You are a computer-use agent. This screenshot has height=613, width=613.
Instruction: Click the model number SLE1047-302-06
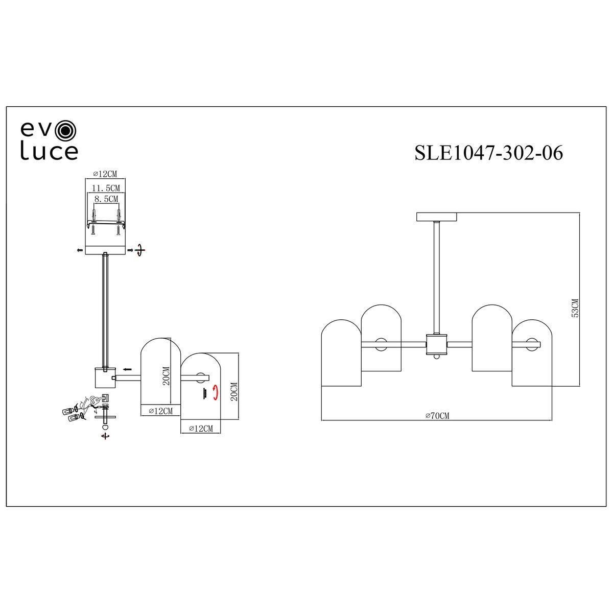[489, 153]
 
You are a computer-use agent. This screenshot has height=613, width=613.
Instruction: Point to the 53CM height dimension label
[575, 308]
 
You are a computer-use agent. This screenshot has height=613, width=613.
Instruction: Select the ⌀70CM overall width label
[437, 415]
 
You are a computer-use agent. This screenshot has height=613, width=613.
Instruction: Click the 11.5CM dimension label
[106, 188]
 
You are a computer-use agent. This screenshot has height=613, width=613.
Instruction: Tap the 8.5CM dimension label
[106, 199]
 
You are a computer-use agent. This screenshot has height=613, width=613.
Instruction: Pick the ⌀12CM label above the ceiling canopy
[105, 174]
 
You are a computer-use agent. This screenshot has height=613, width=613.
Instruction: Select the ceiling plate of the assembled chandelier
[437, 217]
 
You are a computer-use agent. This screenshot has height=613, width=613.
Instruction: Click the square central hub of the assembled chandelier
[437, 344]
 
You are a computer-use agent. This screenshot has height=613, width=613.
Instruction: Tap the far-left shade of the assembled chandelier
[341, 353]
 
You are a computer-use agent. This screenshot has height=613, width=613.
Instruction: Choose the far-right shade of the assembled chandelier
[532, 353]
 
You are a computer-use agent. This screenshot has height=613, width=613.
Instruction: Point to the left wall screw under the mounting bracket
[93, 229]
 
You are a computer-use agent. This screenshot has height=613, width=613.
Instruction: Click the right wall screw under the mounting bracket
[119, 229]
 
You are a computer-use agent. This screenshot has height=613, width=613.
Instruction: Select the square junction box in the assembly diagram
[105, 378]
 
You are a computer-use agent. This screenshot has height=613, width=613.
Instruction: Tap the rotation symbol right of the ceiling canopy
[139, 250]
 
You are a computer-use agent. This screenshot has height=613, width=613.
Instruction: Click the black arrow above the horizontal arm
[127, 369]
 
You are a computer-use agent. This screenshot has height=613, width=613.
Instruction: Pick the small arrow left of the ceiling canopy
[79, 250]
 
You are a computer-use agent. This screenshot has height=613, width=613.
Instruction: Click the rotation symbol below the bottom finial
[105, 436]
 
